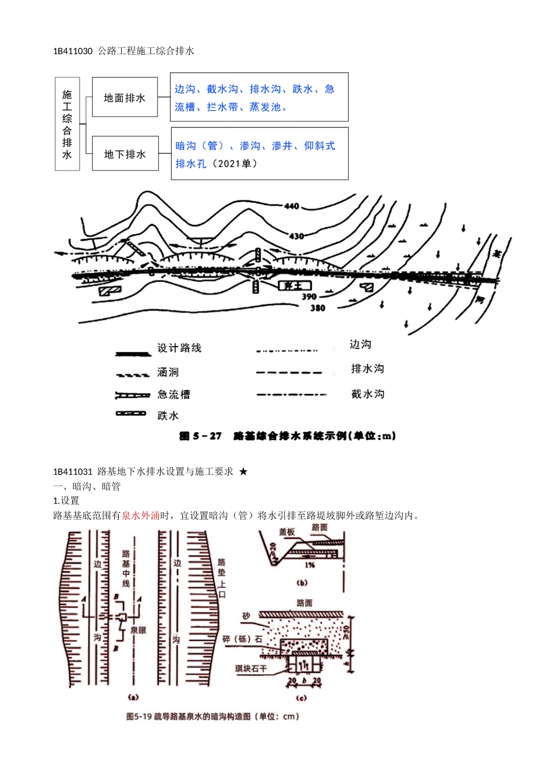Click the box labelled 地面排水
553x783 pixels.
tap(125, 97)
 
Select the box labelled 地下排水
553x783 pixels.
tap(125, 154)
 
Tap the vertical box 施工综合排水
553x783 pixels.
tap(67, 124)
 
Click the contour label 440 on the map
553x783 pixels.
tap(292, 206)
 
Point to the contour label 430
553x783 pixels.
tap(296, 236)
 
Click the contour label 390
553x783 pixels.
tap(309, 297)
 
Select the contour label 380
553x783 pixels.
tap(318, 308)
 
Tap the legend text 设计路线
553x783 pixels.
tap(179, 348)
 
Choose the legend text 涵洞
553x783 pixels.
tap(168, 372)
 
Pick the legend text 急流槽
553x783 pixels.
tap(173, 394)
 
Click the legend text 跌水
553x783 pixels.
tap(168, 415)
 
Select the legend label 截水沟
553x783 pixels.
tap(368, 394)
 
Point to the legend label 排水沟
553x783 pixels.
tap(368, 368)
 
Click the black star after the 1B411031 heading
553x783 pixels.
tap(243, 471)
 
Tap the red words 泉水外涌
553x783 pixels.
tap(140, 516)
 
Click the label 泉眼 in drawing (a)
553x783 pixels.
tap(138, 630)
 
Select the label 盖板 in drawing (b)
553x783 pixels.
tap(286, 532)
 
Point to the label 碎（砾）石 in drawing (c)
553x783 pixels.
tap(242, 639)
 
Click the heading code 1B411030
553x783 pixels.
tap(73, 51)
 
